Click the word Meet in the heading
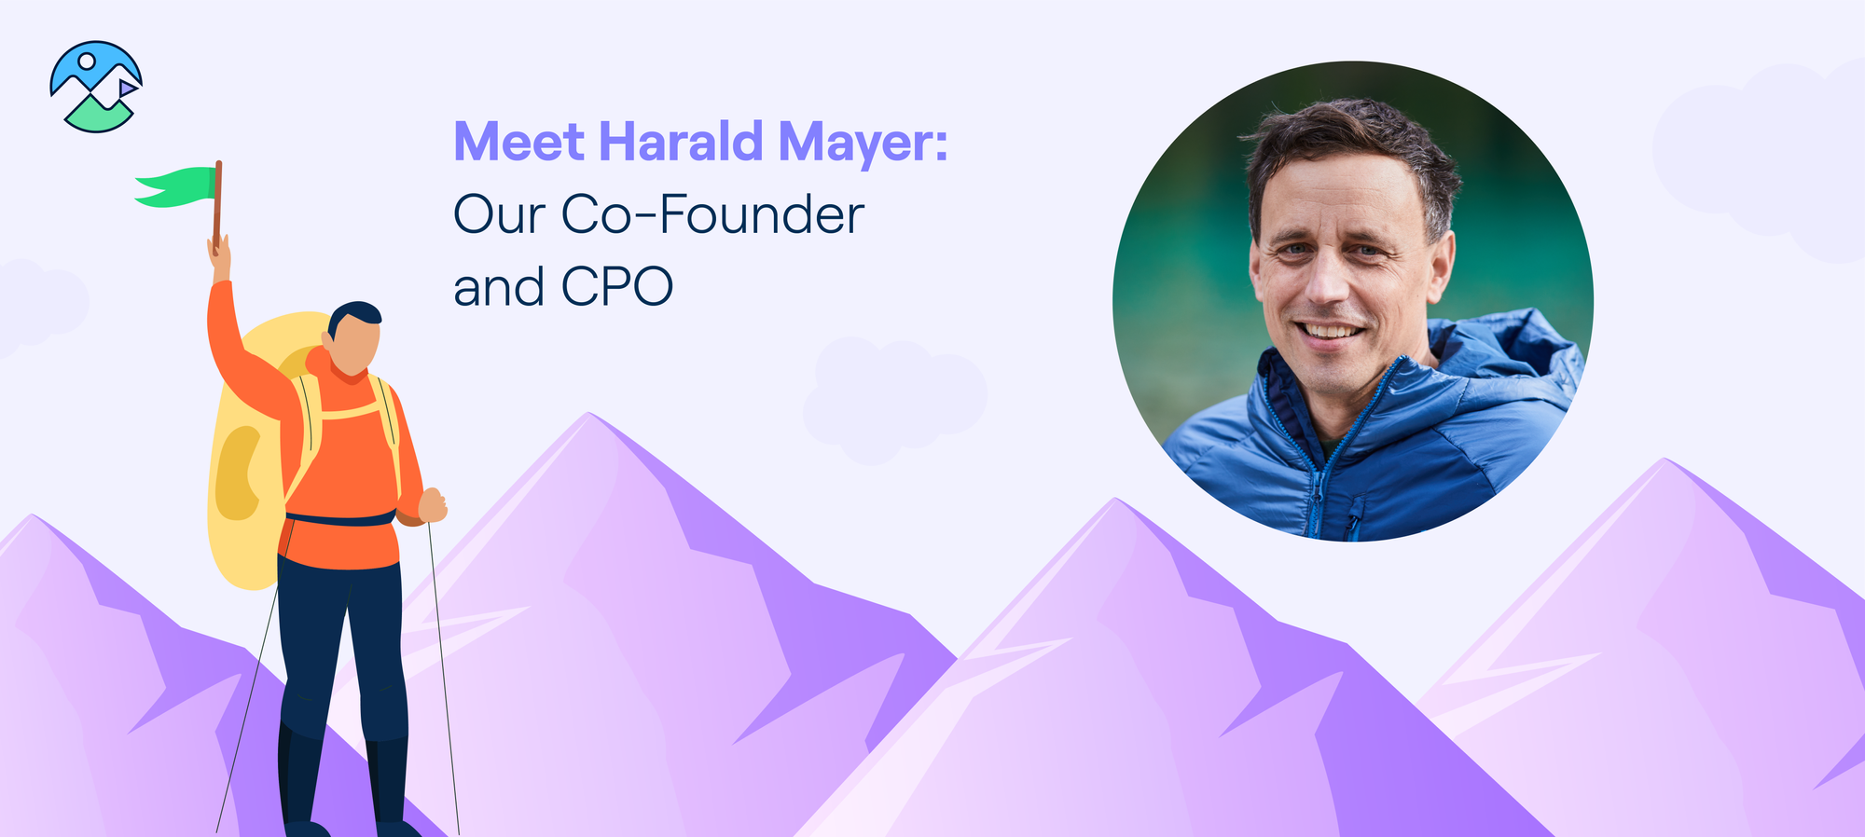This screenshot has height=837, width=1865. [518, 142]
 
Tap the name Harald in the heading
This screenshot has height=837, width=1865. [681, 141]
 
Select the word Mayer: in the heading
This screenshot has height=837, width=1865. [863, 145]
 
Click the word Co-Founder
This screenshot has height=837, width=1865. [712, 214]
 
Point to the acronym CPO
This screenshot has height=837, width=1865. [616, 286]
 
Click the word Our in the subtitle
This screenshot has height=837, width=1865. [499, 214]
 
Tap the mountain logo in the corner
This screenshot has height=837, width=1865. [96, 86]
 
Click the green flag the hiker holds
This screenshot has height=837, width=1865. [175, 186]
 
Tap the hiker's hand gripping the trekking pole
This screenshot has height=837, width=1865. [433, 505]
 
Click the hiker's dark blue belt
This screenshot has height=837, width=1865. [341, 518]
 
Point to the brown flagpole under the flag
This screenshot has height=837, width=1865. [217, 205]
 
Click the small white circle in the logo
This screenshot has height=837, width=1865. [87, 62]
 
